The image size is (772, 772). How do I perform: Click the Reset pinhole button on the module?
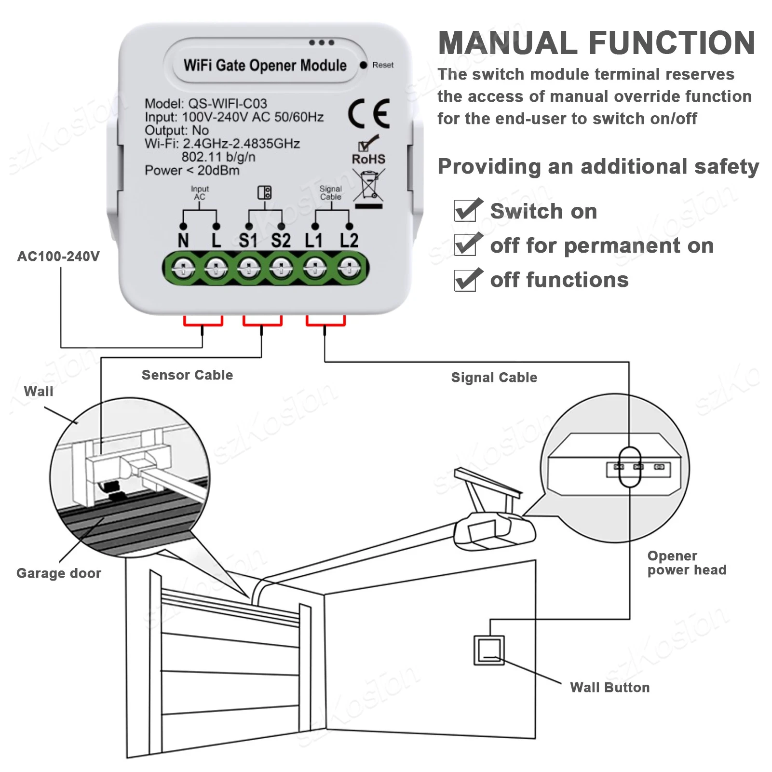point(363,65)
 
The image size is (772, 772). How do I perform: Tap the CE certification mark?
point(369,113)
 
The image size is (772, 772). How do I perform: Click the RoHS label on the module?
point(368,159)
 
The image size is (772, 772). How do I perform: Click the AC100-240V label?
point(58,256)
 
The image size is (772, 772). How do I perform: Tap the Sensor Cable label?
point(187,375)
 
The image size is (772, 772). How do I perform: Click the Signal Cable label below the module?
point(494,378)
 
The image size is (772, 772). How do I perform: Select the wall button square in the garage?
point(489,650)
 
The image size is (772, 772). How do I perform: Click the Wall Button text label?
point(609,687)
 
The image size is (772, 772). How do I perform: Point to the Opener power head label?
point(686,563)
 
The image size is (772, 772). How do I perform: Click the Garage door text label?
point(59,573)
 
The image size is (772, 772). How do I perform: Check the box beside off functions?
point(466,280)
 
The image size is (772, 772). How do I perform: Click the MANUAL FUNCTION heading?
point(596,43)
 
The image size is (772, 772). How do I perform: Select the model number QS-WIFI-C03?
point(227,104)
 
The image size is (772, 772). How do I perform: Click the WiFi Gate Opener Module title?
point(265,65)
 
